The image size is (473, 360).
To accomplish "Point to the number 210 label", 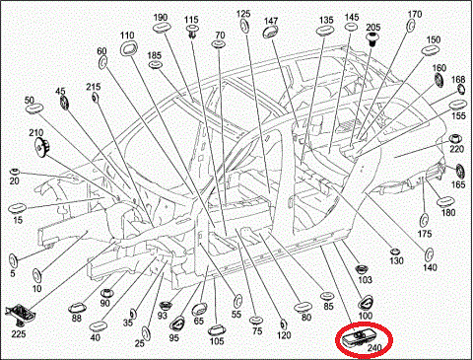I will click(x=36, y=133).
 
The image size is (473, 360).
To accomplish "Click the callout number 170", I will click(x=415, y=15).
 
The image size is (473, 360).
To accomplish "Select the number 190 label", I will click(x=161, y=19).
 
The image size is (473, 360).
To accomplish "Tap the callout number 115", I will click(x=191, y=20).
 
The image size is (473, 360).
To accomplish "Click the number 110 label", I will click(x=127, y=36).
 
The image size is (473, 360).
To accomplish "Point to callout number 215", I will click(x=94, y=88).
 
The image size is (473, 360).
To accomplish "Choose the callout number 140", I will click(x=430, y=267).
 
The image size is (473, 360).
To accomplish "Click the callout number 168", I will click(x=458, y=80).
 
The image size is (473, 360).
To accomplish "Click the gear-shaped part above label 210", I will click(x=39, y=149).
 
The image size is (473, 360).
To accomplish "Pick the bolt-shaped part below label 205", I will click(x=373, y=39).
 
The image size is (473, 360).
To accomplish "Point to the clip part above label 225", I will click(x=21, y=316).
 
